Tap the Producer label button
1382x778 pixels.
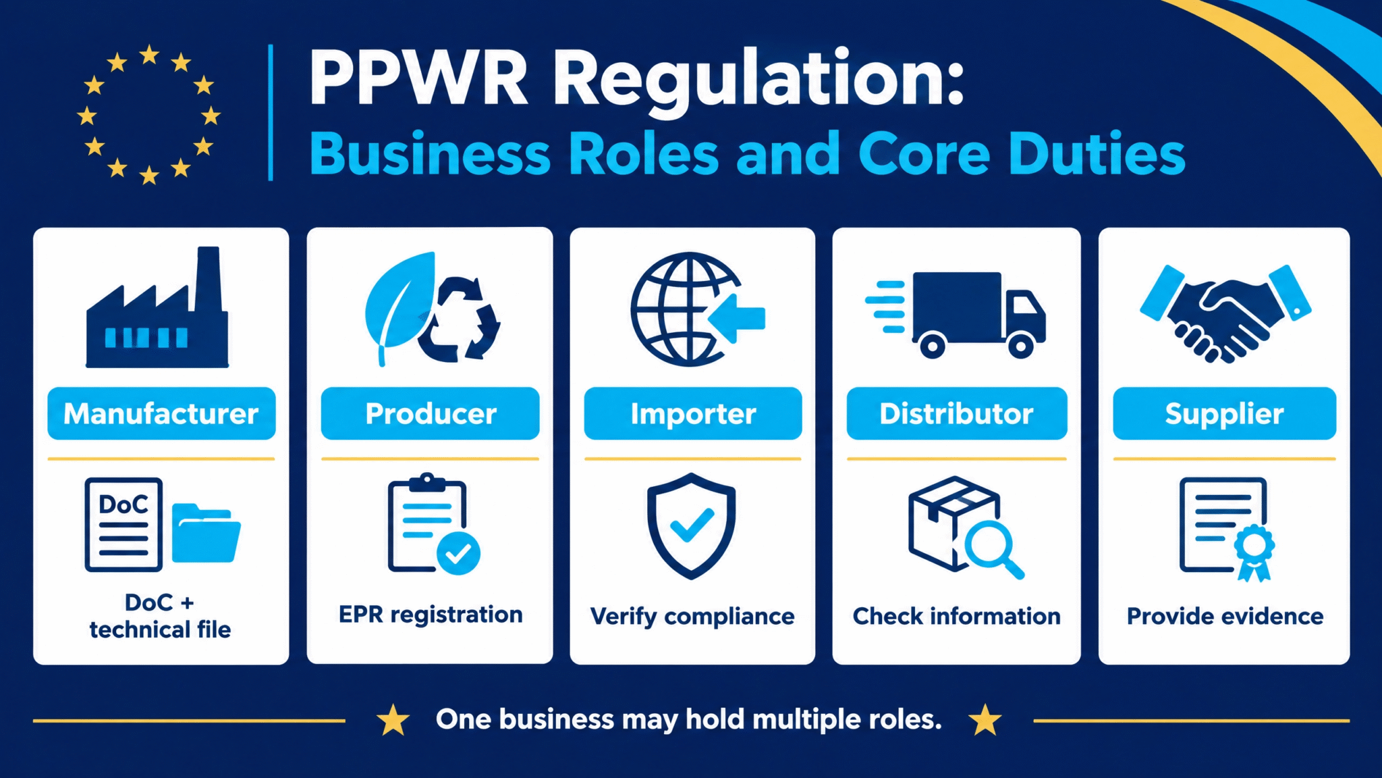tap(431, 413)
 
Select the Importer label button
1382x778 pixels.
tap(693, 413)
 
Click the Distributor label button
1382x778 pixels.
tap(957, 413)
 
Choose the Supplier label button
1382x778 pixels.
tap(1224, 413)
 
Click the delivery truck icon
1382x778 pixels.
tap(956, 315)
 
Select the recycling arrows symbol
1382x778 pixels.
tap(459, 318)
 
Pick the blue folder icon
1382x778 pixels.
tap(206, 533)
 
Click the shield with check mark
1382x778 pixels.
tap(691, 525)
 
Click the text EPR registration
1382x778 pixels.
tap(431, 615)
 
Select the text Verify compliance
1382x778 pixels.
tap(692, 617)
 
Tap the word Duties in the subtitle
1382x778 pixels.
tap(1097, 154)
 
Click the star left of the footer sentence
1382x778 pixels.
tap(393, 720)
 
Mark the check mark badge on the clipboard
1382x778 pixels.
tap(459, 554)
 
